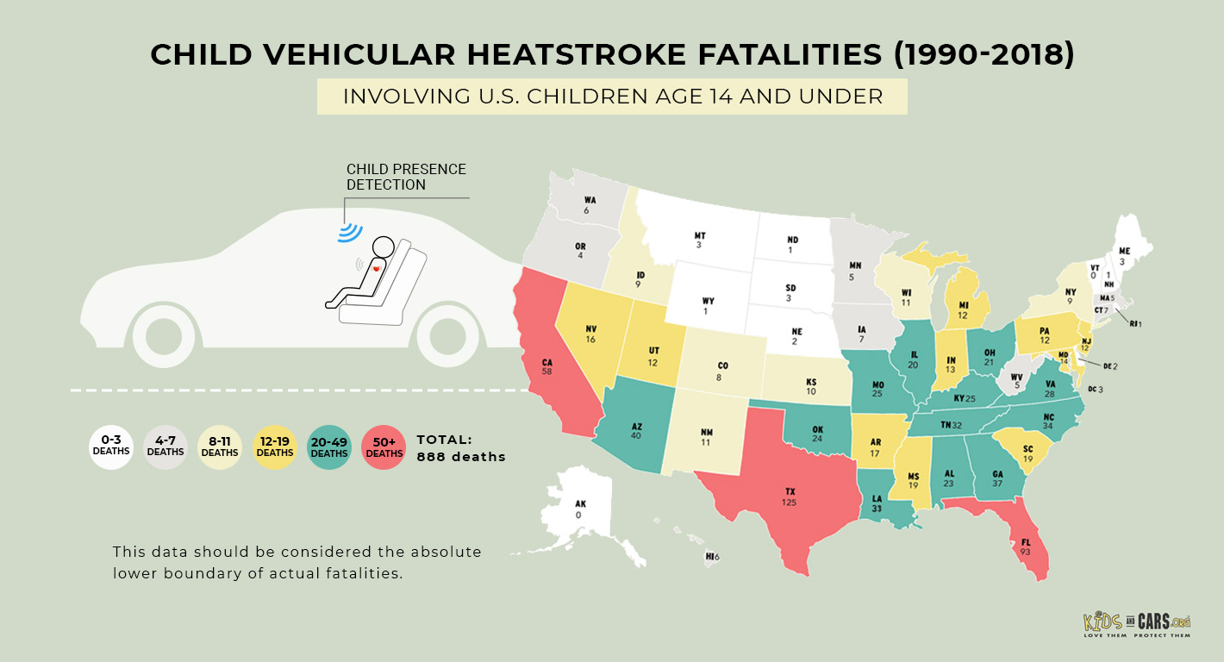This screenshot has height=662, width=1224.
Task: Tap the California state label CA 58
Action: click(x=547, y=366)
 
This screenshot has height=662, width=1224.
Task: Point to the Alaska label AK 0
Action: click(x=579, y=509)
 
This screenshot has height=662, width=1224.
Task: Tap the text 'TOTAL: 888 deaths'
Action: click(x=460, y=448)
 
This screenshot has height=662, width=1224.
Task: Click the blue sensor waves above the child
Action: click(x=350, y=230)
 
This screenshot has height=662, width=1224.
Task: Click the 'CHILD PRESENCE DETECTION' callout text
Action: click(x=405, y=177)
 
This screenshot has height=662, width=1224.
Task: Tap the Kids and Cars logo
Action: click(x=1136, y=624)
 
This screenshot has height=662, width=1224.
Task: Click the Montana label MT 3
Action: click(x=701, y=240)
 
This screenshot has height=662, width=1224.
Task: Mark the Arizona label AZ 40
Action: click(x=636, y=431)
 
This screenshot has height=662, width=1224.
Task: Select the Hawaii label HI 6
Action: click(x=712, y=557)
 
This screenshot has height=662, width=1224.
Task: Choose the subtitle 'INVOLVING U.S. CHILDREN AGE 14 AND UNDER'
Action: click(x=612, y=96)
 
